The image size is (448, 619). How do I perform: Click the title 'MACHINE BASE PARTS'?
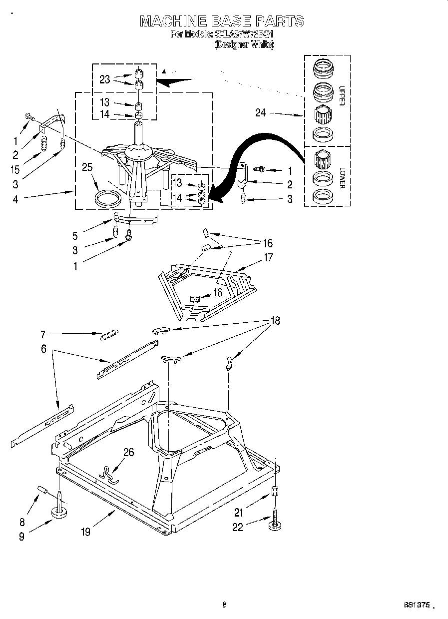click(x=222, y=21)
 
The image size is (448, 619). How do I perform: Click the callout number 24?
click(x=260, y=113)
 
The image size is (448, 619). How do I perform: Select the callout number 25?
click(x=87, y=167)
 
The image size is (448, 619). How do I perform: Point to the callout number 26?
click(x=129, y=452)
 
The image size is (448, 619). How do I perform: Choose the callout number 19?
click(x=86, y=532)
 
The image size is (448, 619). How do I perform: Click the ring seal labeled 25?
click(x=108, y=198)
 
